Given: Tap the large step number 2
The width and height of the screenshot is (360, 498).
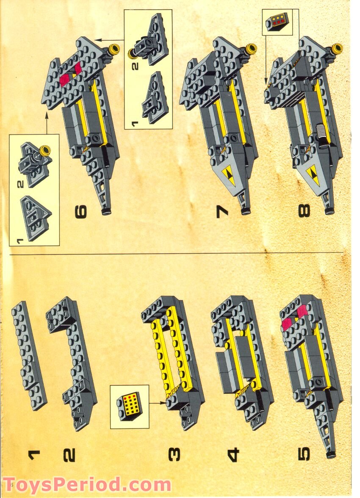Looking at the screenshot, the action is click(x=69, y=455).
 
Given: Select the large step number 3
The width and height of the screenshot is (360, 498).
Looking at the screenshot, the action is click(x=174, y=454).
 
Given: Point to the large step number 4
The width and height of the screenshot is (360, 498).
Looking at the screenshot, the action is click(x=233, y=454).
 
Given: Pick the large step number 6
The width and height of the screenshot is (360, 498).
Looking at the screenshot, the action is click(x=81, y=212).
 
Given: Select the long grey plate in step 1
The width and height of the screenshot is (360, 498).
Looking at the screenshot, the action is click(x=29, y=355).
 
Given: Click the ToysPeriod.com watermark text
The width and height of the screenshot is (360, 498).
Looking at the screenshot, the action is click(x=86, y=485).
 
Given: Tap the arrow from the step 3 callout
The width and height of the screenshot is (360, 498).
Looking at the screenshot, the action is click(x=158, y=403).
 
